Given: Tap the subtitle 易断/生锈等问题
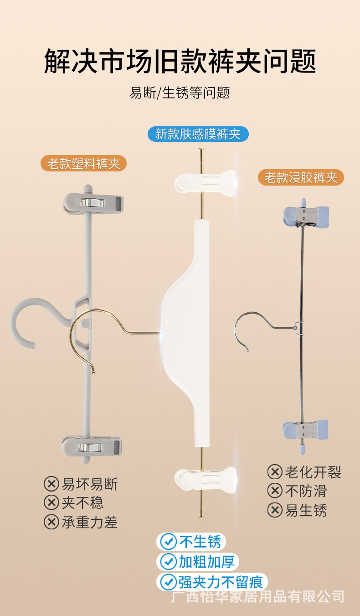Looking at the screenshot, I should [x=180, y=93].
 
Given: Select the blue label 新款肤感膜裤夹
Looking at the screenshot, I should [x=198, y=134].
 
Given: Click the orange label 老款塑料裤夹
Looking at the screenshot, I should [x=83, y=163].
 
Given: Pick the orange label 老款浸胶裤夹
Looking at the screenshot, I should [x=301, y=177].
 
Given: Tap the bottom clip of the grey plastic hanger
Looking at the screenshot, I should [x=93, y=446].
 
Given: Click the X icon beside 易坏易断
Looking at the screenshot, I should [x=51, y=484].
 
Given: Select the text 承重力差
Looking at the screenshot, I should [x=90, y=522].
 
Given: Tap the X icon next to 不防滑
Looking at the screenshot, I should [x=275, y=491].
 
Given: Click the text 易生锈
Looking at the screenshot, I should [x=306, y=510].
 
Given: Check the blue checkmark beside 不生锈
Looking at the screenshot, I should [x=169, y=542].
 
